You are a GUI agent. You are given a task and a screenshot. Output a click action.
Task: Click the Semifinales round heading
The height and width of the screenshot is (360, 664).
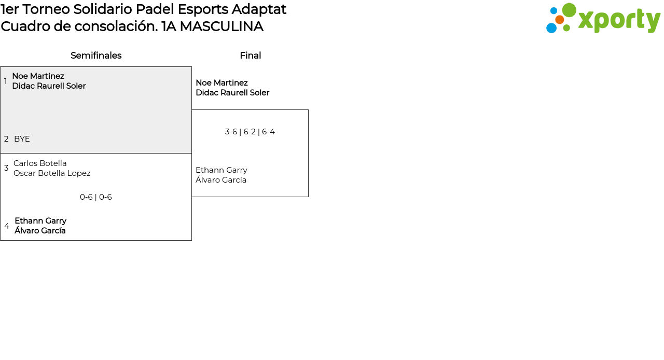coord(96,56)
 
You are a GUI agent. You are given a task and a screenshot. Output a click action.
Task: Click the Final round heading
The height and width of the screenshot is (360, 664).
coord(250,56)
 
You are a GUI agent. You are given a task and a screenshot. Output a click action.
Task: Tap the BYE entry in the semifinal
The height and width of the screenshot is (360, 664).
coord(22,139)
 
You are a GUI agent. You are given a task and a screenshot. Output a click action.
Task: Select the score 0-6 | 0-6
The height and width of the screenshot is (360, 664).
coord(96,197)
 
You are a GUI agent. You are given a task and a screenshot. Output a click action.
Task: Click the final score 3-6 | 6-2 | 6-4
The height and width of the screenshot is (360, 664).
coord(250,132)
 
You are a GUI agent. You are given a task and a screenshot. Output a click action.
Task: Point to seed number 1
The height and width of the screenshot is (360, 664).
coord(6,81)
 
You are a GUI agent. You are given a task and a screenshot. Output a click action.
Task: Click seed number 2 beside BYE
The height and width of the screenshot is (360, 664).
coord(6,139)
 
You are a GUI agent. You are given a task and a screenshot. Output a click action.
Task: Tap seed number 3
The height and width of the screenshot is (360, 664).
coord(6,168)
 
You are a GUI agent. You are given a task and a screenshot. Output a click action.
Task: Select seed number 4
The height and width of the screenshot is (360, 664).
coord(7,226)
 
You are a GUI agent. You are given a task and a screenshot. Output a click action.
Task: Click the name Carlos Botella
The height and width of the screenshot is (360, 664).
coord(40,163)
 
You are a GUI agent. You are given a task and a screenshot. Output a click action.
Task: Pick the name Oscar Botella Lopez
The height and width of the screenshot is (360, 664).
coord(52,173)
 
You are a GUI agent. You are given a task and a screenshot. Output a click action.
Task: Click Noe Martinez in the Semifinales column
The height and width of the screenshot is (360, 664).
coord(38,76)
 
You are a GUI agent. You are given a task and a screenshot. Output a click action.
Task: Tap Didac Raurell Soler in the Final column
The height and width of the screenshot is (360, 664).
coord(232,93)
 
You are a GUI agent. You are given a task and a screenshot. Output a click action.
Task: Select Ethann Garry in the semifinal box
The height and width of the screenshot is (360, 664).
coord(40,221)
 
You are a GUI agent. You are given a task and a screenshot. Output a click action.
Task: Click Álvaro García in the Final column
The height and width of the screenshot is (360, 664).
coord(221,180)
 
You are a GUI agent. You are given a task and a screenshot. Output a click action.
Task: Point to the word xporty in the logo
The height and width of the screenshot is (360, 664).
coord(619,20)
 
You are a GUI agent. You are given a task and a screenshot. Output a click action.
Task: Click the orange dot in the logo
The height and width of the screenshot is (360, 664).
coord(559,20)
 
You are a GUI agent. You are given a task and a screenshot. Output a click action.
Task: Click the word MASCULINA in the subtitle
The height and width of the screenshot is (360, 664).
coord(222,26)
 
